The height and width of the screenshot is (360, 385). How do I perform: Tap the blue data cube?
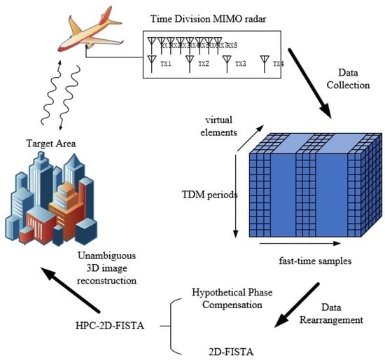(310, 186)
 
